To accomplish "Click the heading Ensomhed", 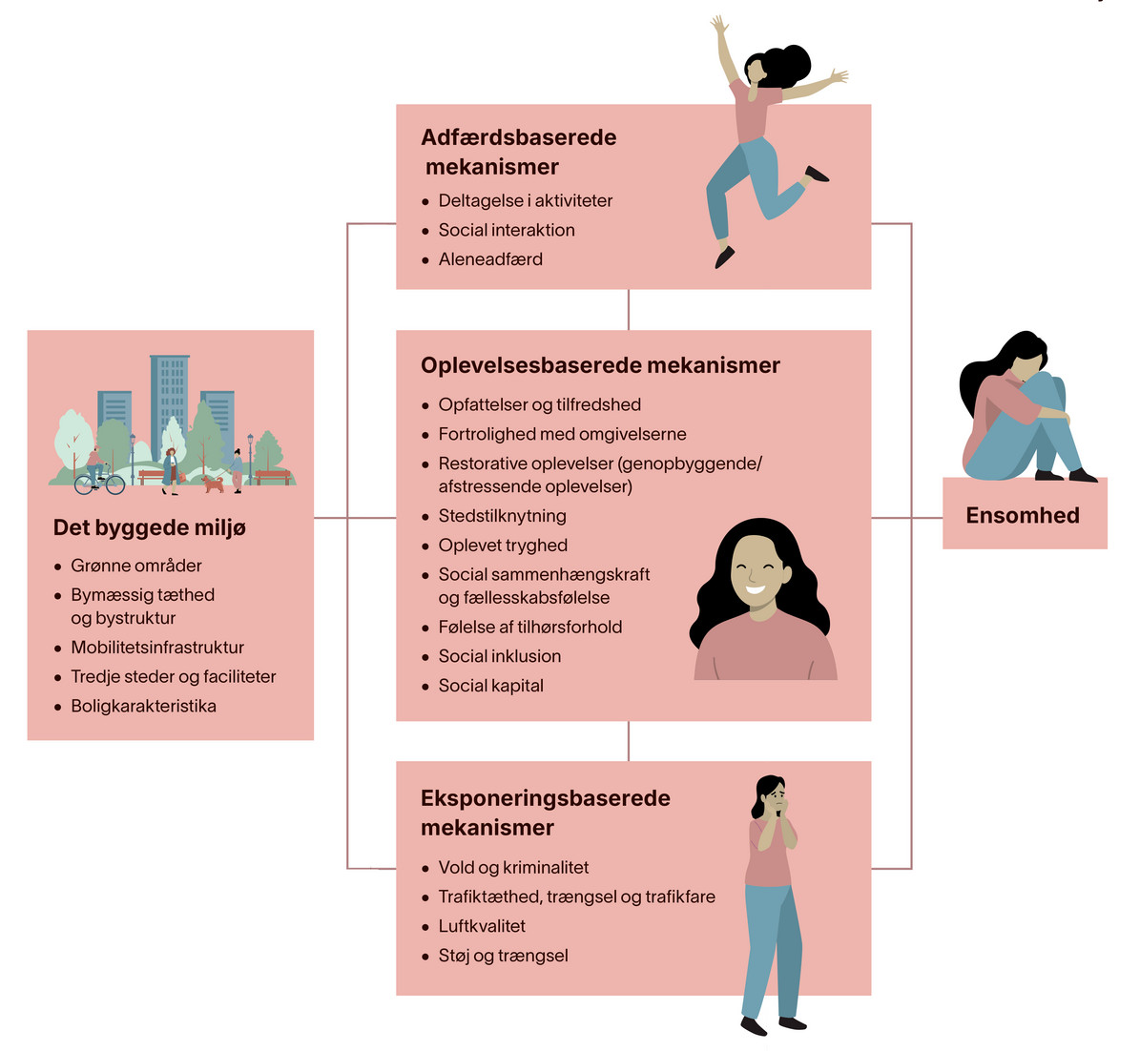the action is [1023, 515].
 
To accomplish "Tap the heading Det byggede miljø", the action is [149, 527].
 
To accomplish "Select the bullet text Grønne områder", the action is [136, 566].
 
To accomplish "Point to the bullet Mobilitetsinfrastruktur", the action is [157, 647].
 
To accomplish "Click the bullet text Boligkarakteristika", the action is [143, 706].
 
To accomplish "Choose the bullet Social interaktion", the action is [506, 230].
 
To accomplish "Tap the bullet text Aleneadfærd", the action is [490, 258].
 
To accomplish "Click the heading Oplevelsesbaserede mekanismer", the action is [600, 365].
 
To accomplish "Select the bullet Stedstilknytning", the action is [502, 516].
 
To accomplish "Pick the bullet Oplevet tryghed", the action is [503, 546].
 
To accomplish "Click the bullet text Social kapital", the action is [490, 686].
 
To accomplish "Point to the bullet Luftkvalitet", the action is [482, 926].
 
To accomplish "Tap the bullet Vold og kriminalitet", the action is [513, 867].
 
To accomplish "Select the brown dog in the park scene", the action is [213, 484].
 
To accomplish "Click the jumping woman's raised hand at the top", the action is [718, 26].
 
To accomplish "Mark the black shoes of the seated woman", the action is [1066, 475].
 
